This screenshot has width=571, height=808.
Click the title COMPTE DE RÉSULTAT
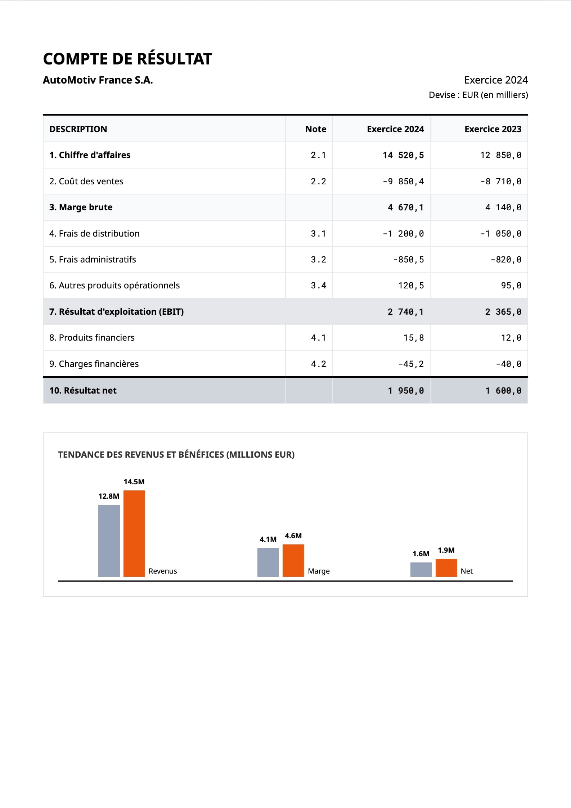(127, 59)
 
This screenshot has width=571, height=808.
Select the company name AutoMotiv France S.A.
(98, 80)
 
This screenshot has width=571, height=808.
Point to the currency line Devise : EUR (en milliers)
(478, 95)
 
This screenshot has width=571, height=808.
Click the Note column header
(316, 129)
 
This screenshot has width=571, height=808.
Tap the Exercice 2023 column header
(493, 129)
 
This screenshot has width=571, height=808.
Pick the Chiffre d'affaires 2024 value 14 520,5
(403, 155)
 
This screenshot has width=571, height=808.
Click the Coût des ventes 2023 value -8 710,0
(501, 181)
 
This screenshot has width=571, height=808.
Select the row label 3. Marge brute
(81, 207)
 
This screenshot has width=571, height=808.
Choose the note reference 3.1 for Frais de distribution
(318, 234)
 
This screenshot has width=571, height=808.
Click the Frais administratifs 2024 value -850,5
(409, 260)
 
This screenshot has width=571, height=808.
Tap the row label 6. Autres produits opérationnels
(114, 286)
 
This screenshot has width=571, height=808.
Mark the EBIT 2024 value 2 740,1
(406, 312)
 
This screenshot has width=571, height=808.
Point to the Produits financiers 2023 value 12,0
(511, 338)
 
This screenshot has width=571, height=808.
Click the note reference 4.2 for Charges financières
(318, 364)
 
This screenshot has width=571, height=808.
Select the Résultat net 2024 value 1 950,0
(406, 391)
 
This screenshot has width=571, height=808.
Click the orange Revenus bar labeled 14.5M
(134, 534)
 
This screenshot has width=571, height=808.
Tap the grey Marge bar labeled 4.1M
(268, 562)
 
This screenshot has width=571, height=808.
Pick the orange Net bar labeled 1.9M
(446, 568)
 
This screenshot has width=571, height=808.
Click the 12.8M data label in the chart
(109, 496)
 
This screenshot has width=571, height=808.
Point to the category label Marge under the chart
(319, 571)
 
